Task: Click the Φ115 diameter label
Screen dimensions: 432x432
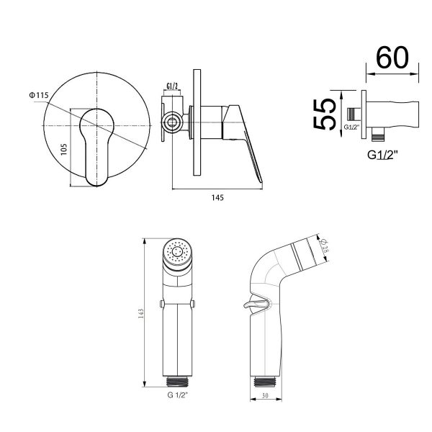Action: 39,95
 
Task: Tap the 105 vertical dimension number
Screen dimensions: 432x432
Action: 64,149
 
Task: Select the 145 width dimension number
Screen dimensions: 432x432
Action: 217,198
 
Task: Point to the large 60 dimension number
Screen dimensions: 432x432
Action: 392,58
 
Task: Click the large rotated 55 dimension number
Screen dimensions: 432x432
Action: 325,114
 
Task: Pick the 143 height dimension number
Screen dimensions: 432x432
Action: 140,313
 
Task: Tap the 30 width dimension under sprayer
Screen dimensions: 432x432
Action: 265,395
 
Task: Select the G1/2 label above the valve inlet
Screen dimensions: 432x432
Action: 172,86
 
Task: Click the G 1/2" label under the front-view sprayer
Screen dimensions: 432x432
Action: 178,395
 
